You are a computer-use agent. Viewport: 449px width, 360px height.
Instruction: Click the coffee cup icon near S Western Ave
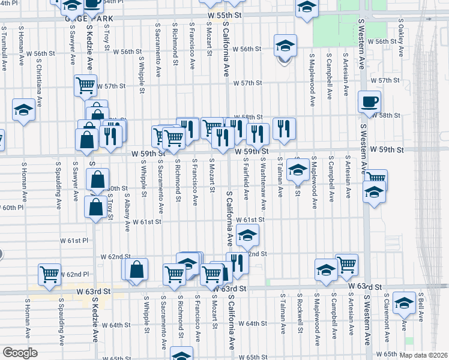pyautogui.click(x=369, y=101)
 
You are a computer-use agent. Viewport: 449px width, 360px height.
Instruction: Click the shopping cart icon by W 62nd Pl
pyautogui.click(x=50, y=274)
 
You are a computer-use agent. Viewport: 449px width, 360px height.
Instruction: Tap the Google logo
pyautogui.click(x=19, y=353)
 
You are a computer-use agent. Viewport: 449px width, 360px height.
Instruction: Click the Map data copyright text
pyautogui.click(x=423, y=355)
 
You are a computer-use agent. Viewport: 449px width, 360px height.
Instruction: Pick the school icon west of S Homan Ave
pyautogui.click(x=23, y=110)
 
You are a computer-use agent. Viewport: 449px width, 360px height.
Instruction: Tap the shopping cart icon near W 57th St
pyautogui.click(x=85, y=86)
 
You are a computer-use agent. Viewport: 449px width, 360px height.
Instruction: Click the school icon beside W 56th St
pyautogui.click(x=285, y=45)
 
